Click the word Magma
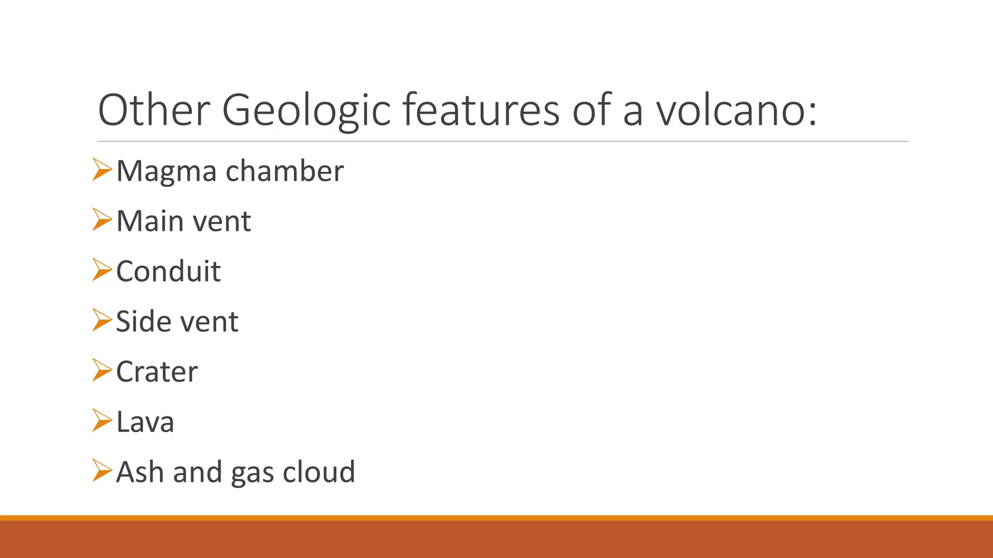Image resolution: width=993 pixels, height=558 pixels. (166, 171)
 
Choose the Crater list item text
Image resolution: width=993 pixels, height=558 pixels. (157, 372)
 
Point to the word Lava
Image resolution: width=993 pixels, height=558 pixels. (145, 421)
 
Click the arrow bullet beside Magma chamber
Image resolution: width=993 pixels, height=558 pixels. (102, 170)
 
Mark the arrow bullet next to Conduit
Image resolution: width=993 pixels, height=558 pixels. (102, 270)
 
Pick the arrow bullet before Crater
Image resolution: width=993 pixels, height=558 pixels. (102, 370)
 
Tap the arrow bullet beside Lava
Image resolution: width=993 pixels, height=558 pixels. (102, 420)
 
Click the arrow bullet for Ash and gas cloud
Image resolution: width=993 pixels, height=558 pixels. (102, 470)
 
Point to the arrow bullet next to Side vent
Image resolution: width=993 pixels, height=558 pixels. (102, 320)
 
